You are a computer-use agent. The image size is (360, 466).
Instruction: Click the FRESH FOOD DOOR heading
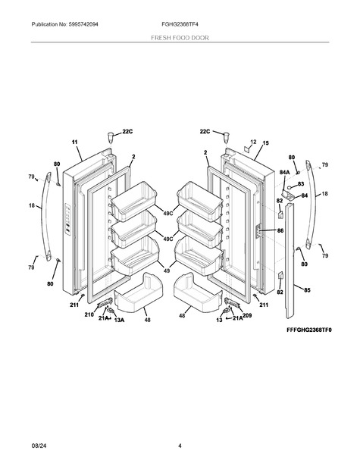[x=180, y=38]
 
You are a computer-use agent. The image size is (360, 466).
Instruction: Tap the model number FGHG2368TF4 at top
[x=180, y=24]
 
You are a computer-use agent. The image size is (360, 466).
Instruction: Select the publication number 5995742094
[x=83, y=24]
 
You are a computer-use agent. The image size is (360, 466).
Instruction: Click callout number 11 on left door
[x=74, y=142]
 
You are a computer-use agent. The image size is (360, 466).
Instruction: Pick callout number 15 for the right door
[x=265, y=143]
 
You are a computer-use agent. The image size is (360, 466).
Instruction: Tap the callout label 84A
[x=284, y=172]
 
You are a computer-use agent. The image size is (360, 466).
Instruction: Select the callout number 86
[x=280, y=230]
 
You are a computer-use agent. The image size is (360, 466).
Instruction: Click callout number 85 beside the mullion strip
[x=307, y=289]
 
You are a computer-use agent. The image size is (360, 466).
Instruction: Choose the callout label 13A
[x=119, y=320]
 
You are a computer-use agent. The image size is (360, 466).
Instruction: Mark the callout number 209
[x=247, y=315]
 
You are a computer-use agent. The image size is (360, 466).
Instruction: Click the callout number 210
[x=89, y=314]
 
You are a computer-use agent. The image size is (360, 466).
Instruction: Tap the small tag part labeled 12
[x=247, y=148]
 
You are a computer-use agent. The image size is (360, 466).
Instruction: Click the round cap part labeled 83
[x=289, y=187]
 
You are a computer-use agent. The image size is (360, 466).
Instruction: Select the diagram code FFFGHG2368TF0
[x=309, y=330]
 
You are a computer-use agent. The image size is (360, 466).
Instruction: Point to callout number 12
[x=253, y=142]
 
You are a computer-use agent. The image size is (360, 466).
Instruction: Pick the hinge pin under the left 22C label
[x=111, y=137]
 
